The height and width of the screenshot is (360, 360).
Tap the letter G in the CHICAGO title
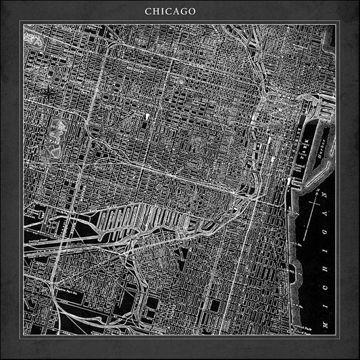(x=183, y=11)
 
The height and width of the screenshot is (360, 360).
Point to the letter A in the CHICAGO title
(x=174, y=11)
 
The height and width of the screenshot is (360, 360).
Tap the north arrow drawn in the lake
(x=312, y=203)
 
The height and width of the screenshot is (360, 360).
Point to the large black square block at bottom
(x=215, y=305)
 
